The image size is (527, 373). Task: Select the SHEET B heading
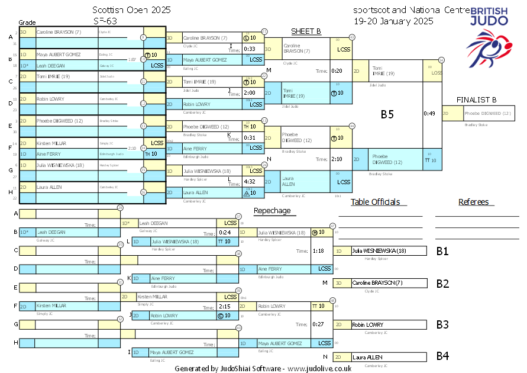click(306, 31)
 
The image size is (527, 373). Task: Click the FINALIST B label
click(476, 99)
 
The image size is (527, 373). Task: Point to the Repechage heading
click(272, 211)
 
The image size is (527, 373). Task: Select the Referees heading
click(473, 202)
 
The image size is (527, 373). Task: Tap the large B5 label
click(387, 114)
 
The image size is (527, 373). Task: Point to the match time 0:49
click(429, 114)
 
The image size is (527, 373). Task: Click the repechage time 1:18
click(318, 251)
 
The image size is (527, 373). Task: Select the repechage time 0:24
click(224, 232)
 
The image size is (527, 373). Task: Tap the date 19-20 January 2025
click(393, 21)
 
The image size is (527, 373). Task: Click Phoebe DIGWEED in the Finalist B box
click(488, 113)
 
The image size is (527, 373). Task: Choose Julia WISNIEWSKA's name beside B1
click(379, 251)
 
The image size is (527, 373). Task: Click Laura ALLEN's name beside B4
click(367, 357)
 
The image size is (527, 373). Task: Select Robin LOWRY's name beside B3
click(367, 325)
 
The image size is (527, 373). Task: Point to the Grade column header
click(27, 22)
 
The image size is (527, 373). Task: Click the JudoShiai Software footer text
click(263, 368)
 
